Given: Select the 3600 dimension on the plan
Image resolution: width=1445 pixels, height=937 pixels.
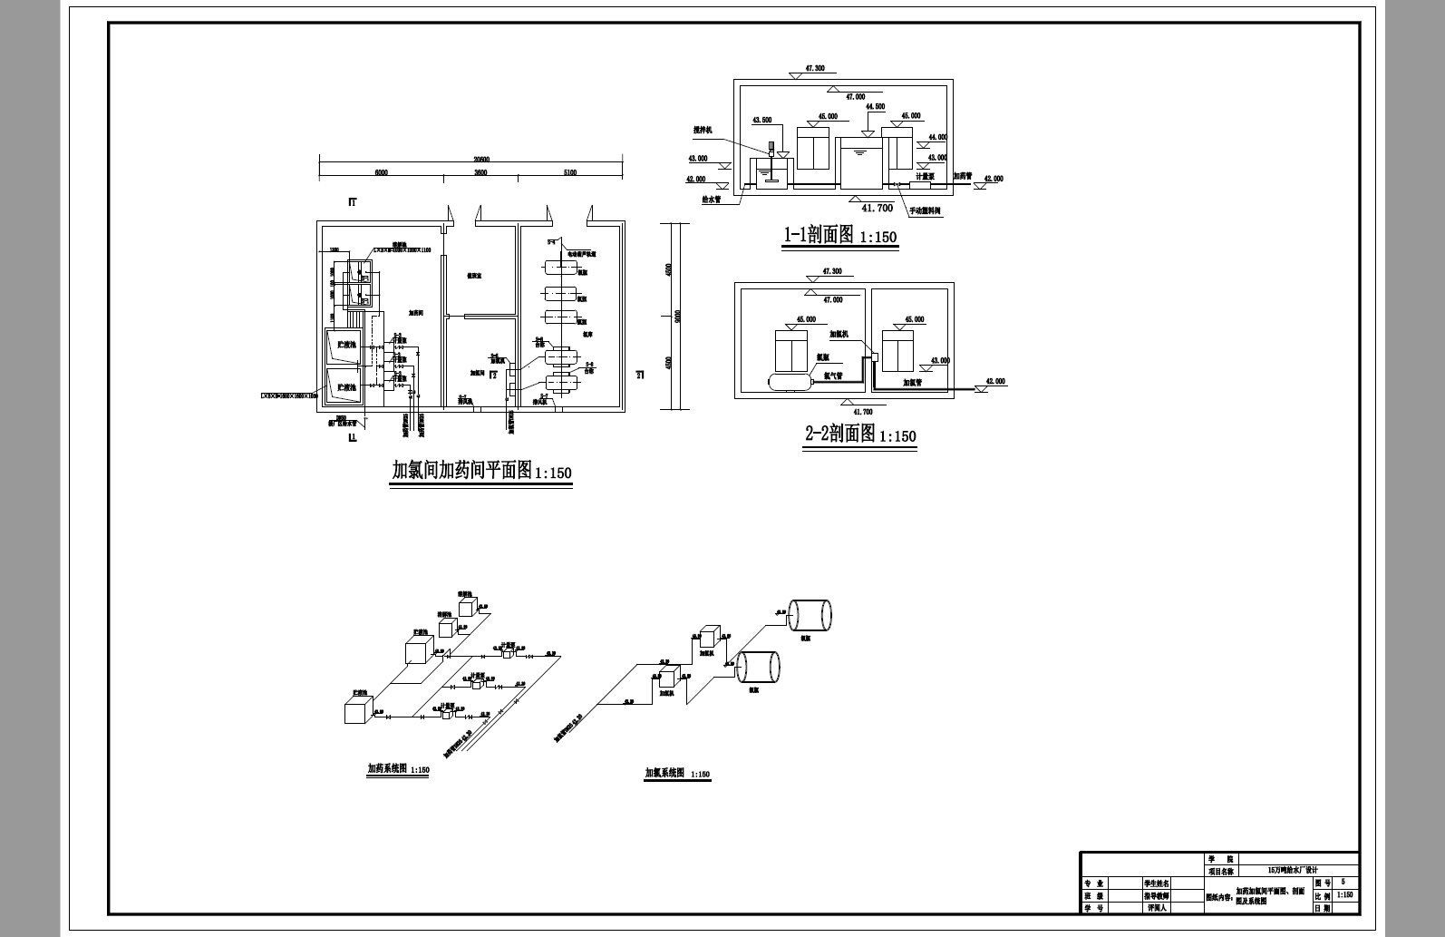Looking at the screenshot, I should [x=480, y=172].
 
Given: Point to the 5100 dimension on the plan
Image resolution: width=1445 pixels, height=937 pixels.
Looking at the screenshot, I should [x=569, y=172].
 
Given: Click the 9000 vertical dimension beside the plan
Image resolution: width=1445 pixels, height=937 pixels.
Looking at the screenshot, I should [x=677, y=316].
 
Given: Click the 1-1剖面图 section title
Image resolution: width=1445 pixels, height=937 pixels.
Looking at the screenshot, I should [x=819, y=235].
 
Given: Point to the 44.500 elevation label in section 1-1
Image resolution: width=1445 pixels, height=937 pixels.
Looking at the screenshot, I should [x=875, y=107].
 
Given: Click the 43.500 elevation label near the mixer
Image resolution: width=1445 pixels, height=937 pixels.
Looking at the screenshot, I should [x=762, y=120].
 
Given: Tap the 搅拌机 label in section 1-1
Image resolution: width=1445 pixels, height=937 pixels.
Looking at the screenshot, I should [x=703, y=131].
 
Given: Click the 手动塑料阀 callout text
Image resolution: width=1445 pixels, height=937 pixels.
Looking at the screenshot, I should [x=925, y=210].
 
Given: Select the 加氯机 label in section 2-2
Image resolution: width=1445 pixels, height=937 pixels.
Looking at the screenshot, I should [x=838, y=334].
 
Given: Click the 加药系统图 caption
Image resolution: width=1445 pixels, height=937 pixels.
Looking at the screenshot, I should [x=387, y=768].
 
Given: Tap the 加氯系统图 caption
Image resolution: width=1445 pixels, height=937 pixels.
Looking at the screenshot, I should [x=664, y=773].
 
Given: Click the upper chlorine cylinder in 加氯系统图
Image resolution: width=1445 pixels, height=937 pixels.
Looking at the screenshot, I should [x=810, y=615].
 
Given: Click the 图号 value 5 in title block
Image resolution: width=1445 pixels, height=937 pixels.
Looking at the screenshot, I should [x=1343, y=882].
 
